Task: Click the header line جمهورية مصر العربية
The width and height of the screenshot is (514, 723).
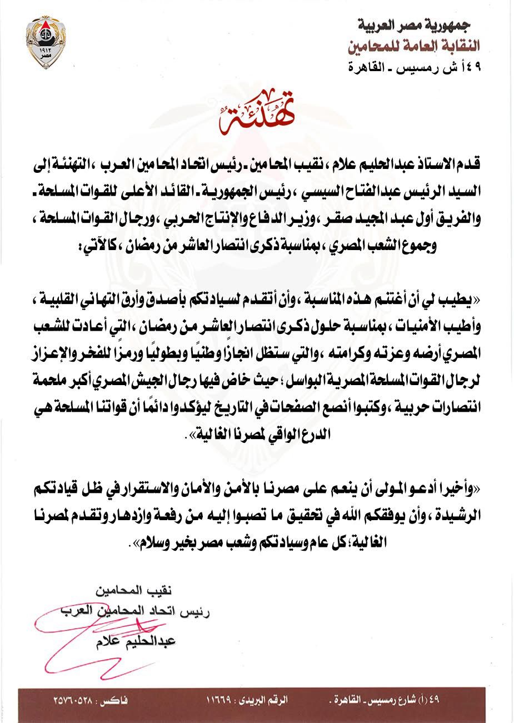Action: tap(415, 25)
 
